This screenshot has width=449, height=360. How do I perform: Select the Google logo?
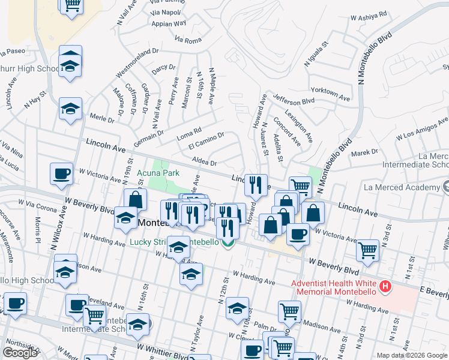(x=20, y=353)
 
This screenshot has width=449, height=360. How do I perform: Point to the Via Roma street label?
(x=188, y=40)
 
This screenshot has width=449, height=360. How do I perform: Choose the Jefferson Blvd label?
(x=294, y=100)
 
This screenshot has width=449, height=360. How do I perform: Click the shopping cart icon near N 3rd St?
(x=367, y=250)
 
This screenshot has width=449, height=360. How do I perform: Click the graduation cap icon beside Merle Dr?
(x=70, y=109)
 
